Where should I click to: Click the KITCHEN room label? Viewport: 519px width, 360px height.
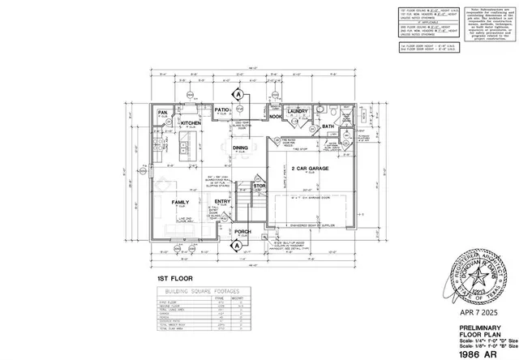(191, 123)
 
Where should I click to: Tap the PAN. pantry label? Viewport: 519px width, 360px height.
(162, 113)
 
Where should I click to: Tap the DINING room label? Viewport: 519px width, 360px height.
(241, 148)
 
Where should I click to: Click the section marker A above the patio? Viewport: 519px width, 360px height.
(239, 93)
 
